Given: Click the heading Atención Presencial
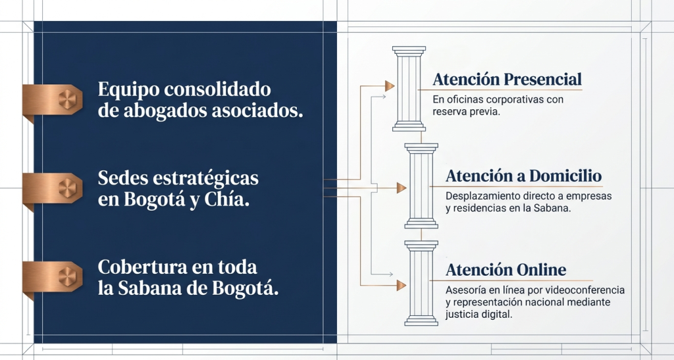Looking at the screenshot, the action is [507, 80].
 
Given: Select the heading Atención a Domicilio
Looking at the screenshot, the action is [523, 176].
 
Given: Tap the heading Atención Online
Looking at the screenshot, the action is [506, 270].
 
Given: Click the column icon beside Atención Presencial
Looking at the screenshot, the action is [409, 88].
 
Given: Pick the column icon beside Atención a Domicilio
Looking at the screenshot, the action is [421, 186].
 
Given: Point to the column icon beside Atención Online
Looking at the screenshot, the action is [421, 283].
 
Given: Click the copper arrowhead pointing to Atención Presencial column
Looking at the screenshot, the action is [390, 86].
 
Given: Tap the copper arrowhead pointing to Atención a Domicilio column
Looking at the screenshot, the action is [402, 188].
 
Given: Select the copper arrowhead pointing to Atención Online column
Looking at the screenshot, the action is [402, 285].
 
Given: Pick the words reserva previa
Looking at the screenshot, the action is [466, 112].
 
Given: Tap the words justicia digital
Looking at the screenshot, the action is [479, 315].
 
